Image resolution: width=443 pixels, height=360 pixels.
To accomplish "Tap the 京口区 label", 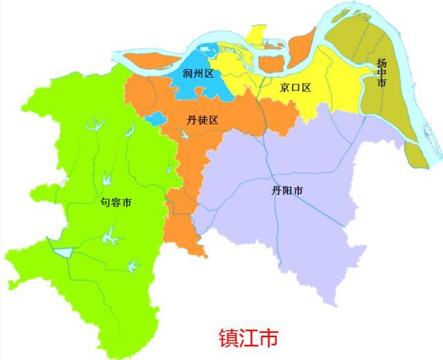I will (296, 88).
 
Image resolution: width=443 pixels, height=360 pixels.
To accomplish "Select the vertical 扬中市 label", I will (381, 72).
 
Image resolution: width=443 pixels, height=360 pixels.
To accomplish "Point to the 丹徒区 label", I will (203, 120).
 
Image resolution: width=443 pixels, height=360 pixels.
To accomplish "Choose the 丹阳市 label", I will (287, 190).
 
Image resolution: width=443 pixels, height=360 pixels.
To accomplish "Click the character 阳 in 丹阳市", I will (287, 190).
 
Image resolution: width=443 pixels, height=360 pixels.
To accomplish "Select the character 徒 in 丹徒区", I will (203, 120).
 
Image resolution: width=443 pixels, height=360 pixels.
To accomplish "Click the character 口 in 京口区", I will (296, 88).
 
